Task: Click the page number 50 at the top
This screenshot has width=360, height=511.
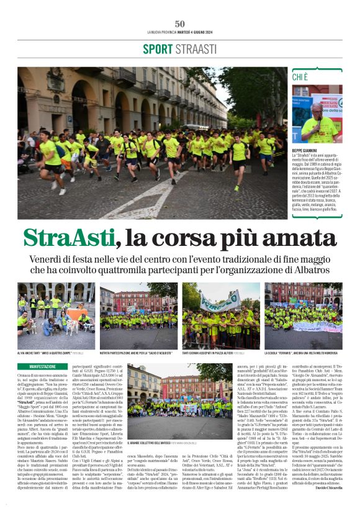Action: coord(180,24)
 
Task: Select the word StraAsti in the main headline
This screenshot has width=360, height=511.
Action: coord(69,238)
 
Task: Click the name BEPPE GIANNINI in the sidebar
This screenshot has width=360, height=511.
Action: coord(308,151)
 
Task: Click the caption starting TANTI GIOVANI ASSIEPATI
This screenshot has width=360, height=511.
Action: coord(211,352)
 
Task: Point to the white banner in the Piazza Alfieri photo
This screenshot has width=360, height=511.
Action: coord(217,301)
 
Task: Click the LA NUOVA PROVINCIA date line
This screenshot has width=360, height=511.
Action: coord(179,32)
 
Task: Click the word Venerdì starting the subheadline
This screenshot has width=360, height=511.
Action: coord(50,259)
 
